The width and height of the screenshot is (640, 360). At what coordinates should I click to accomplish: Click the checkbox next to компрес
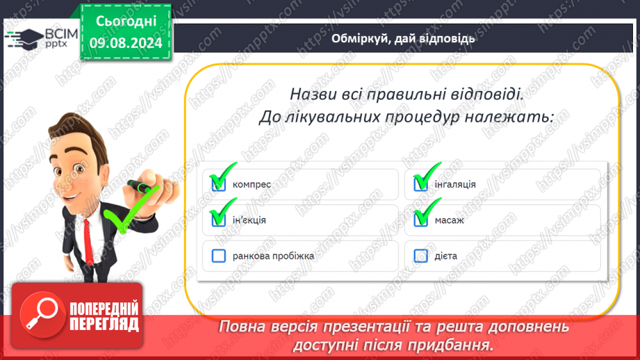pos(219,184)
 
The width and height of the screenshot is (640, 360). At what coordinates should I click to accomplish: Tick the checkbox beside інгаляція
pos(421,184)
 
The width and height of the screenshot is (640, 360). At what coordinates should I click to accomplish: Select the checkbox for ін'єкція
pos(219,220)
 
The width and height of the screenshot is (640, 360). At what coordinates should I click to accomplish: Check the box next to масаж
pos(421,220)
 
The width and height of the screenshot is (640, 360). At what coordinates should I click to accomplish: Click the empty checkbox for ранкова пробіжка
pos(219,256)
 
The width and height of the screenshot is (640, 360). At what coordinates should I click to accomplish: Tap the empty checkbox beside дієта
pos(421,256)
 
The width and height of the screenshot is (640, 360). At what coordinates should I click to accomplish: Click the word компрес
pos(252,185)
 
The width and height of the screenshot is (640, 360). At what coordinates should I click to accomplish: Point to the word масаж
pos(449,220)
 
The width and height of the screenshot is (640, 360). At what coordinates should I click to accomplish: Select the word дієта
pos(445,256)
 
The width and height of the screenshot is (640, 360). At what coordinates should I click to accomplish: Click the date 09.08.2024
pos(126,43)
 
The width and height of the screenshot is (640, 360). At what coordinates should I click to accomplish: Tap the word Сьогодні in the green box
pos(126,22)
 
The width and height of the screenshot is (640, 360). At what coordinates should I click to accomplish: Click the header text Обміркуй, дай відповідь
pos(403,38)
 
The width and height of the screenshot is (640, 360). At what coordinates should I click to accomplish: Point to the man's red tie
pos(88,242)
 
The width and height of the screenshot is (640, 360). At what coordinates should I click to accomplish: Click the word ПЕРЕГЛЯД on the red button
pos(104,324)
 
